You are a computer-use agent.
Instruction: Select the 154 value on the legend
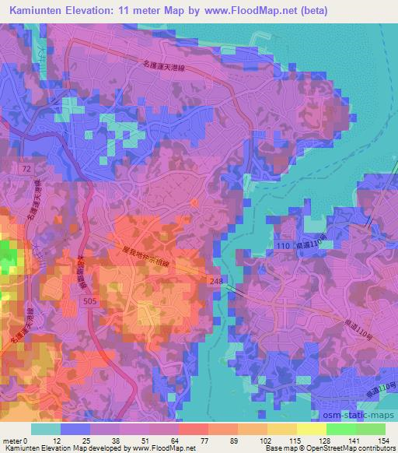pyautogui.click(x=382, y=441)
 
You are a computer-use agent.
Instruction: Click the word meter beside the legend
pyautogui.click(x=9, y=441)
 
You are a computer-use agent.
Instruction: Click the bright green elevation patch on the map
pyautogui.click(x=8, y=257)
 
